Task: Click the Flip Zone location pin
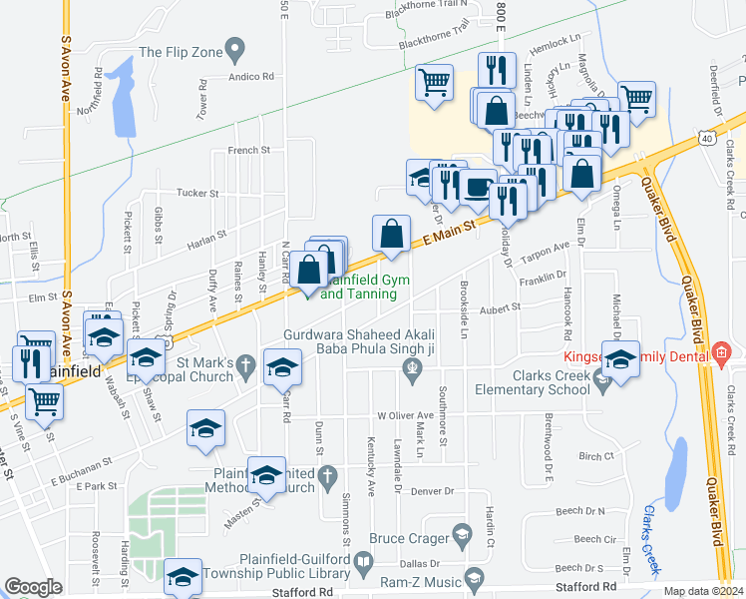coord(235,47)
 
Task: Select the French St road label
coord(249,150)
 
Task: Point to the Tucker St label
coord(196,193)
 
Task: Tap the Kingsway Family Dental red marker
coord(725,353)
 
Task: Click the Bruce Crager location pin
coord(461,539)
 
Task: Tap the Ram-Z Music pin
coord(475,581)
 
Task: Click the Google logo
coord(33,587)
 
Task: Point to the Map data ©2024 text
coord(703,591)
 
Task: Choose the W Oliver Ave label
coord(405,415)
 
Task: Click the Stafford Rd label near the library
coord(300,593)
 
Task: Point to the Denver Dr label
coord(432,491)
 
